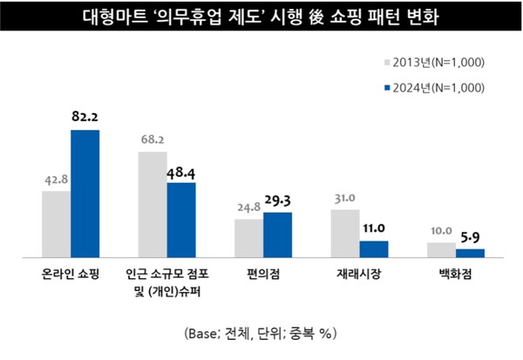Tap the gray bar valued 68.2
point(152,205)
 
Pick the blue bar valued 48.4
point(181,221)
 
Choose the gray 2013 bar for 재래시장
point(344,234)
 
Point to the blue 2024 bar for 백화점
point(470,253)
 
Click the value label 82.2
point(85,116)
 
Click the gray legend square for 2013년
point(387,62)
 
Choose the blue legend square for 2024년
point(387,87)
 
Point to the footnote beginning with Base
point(261,333)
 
